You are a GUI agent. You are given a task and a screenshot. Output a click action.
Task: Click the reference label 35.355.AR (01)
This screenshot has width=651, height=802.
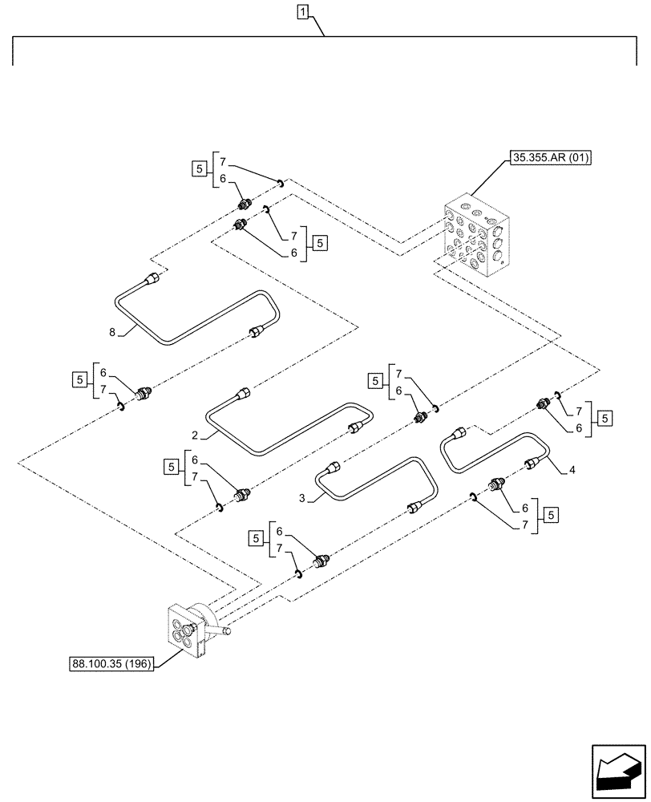click(x=550, y=158)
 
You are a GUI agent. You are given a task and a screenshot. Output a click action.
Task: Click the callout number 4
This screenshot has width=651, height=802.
click(x=572, y=471)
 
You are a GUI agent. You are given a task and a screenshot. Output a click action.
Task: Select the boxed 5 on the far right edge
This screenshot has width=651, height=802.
click(x=605, y=418)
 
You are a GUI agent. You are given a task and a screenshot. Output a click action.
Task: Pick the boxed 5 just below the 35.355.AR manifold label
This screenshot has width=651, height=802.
click(x=318, y=242)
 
